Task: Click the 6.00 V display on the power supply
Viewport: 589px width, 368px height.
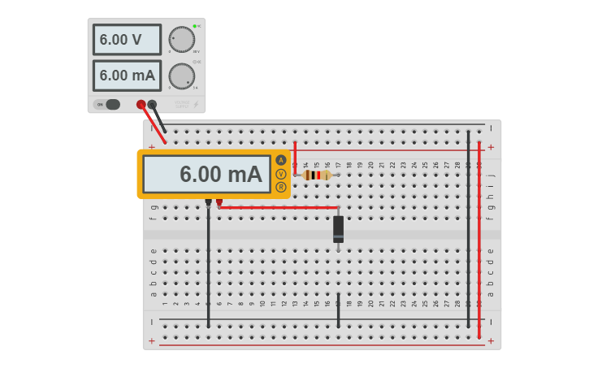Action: point(127,39)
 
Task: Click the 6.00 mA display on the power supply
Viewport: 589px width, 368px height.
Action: point(127,76)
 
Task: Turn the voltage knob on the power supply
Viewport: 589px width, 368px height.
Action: point(181,39)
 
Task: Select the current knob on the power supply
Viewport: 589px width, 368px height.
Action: point(181,76)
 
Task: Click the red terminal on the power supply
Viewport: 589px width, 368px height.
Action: point(141,104)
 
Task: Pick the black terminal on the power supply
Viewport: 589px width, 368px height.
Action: point(152,104)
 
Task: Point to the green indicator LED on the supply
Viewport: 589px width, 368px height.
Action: point(195,26)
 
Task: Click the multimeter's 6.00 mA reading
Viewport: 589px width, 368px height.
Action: point(207,174)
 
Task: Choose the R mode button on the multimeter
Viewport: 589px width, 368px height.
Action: point(281,188)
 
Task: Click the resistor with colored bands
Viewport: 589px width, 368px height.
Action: point(317,175)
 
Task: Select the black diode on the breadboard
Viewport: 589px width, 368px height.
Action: point(338,229)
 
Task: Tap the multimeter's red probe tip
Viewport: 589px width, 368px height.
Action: point(219,202)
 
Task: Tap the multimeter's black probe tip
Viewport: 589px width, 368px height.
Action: point(209,202)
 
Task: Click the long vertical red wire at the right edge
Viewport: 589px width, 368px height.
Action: point(479,244)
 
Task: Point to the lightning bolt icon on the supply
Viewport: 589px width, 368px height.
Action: point(195,104)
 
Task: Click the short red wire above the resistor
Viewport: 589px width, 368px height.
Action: point(295,156)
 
